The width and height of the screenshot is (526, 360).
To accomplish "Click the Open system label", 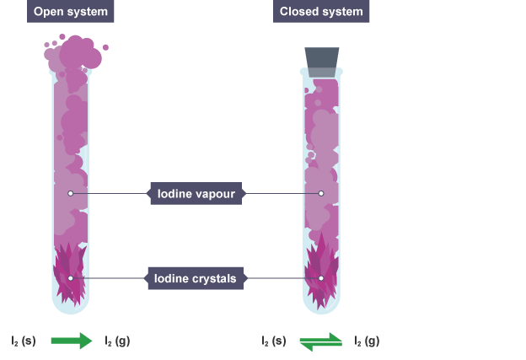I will pyautogui.click(x=70, y=12).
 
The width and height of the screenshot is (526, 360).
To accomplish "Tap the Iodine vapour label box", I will pyautogui.click(x=196, y=194).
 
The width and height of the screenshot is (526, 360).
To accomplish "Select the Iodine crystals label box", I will pyautogui.click(x=196, y=277).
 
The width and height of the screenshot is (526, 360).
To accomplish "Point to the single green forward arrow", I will pyautogui.click(x=71, y=341).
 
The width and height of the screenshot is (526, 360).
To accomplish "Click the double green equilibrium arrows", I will pyautogui.click(x=321, y=341).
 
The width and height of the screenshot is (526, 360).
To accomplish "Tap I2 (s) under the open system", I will pyautogui.click(x=24, y=341).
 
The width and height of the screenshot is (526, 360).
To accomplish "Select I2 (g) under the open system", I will pyautogui.click(x=117, y=341).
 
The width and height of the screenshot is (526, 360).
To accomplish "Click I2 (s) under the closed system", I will pyautogui.click(x=274, y=341).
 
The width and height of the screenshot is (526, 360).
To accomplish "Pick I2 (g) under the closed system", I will pyautogui.click(x=367, y=341).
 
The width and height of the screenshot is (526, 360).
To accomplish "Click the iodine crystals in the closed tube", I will pyautogui.click(x=321, y=270).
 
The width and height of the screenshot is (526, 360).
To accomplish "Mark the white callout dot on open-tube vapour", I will pyautogui.click(x=71, y=194).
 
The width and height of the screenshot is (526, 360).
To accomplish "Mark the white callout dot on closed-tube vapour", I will pyautogui.click(x=321, y=194).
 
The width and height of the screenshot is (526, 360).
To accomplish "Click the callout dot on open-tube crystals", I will pyautogui.click(x=71, y=277).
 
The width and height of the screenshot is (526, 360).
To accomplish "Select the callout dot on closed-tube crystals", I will pyautogui.click(x=321, y=277).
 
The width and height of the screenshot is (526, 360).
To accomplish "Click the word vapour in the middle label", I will pyautogui.click(x=215, y=194).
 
